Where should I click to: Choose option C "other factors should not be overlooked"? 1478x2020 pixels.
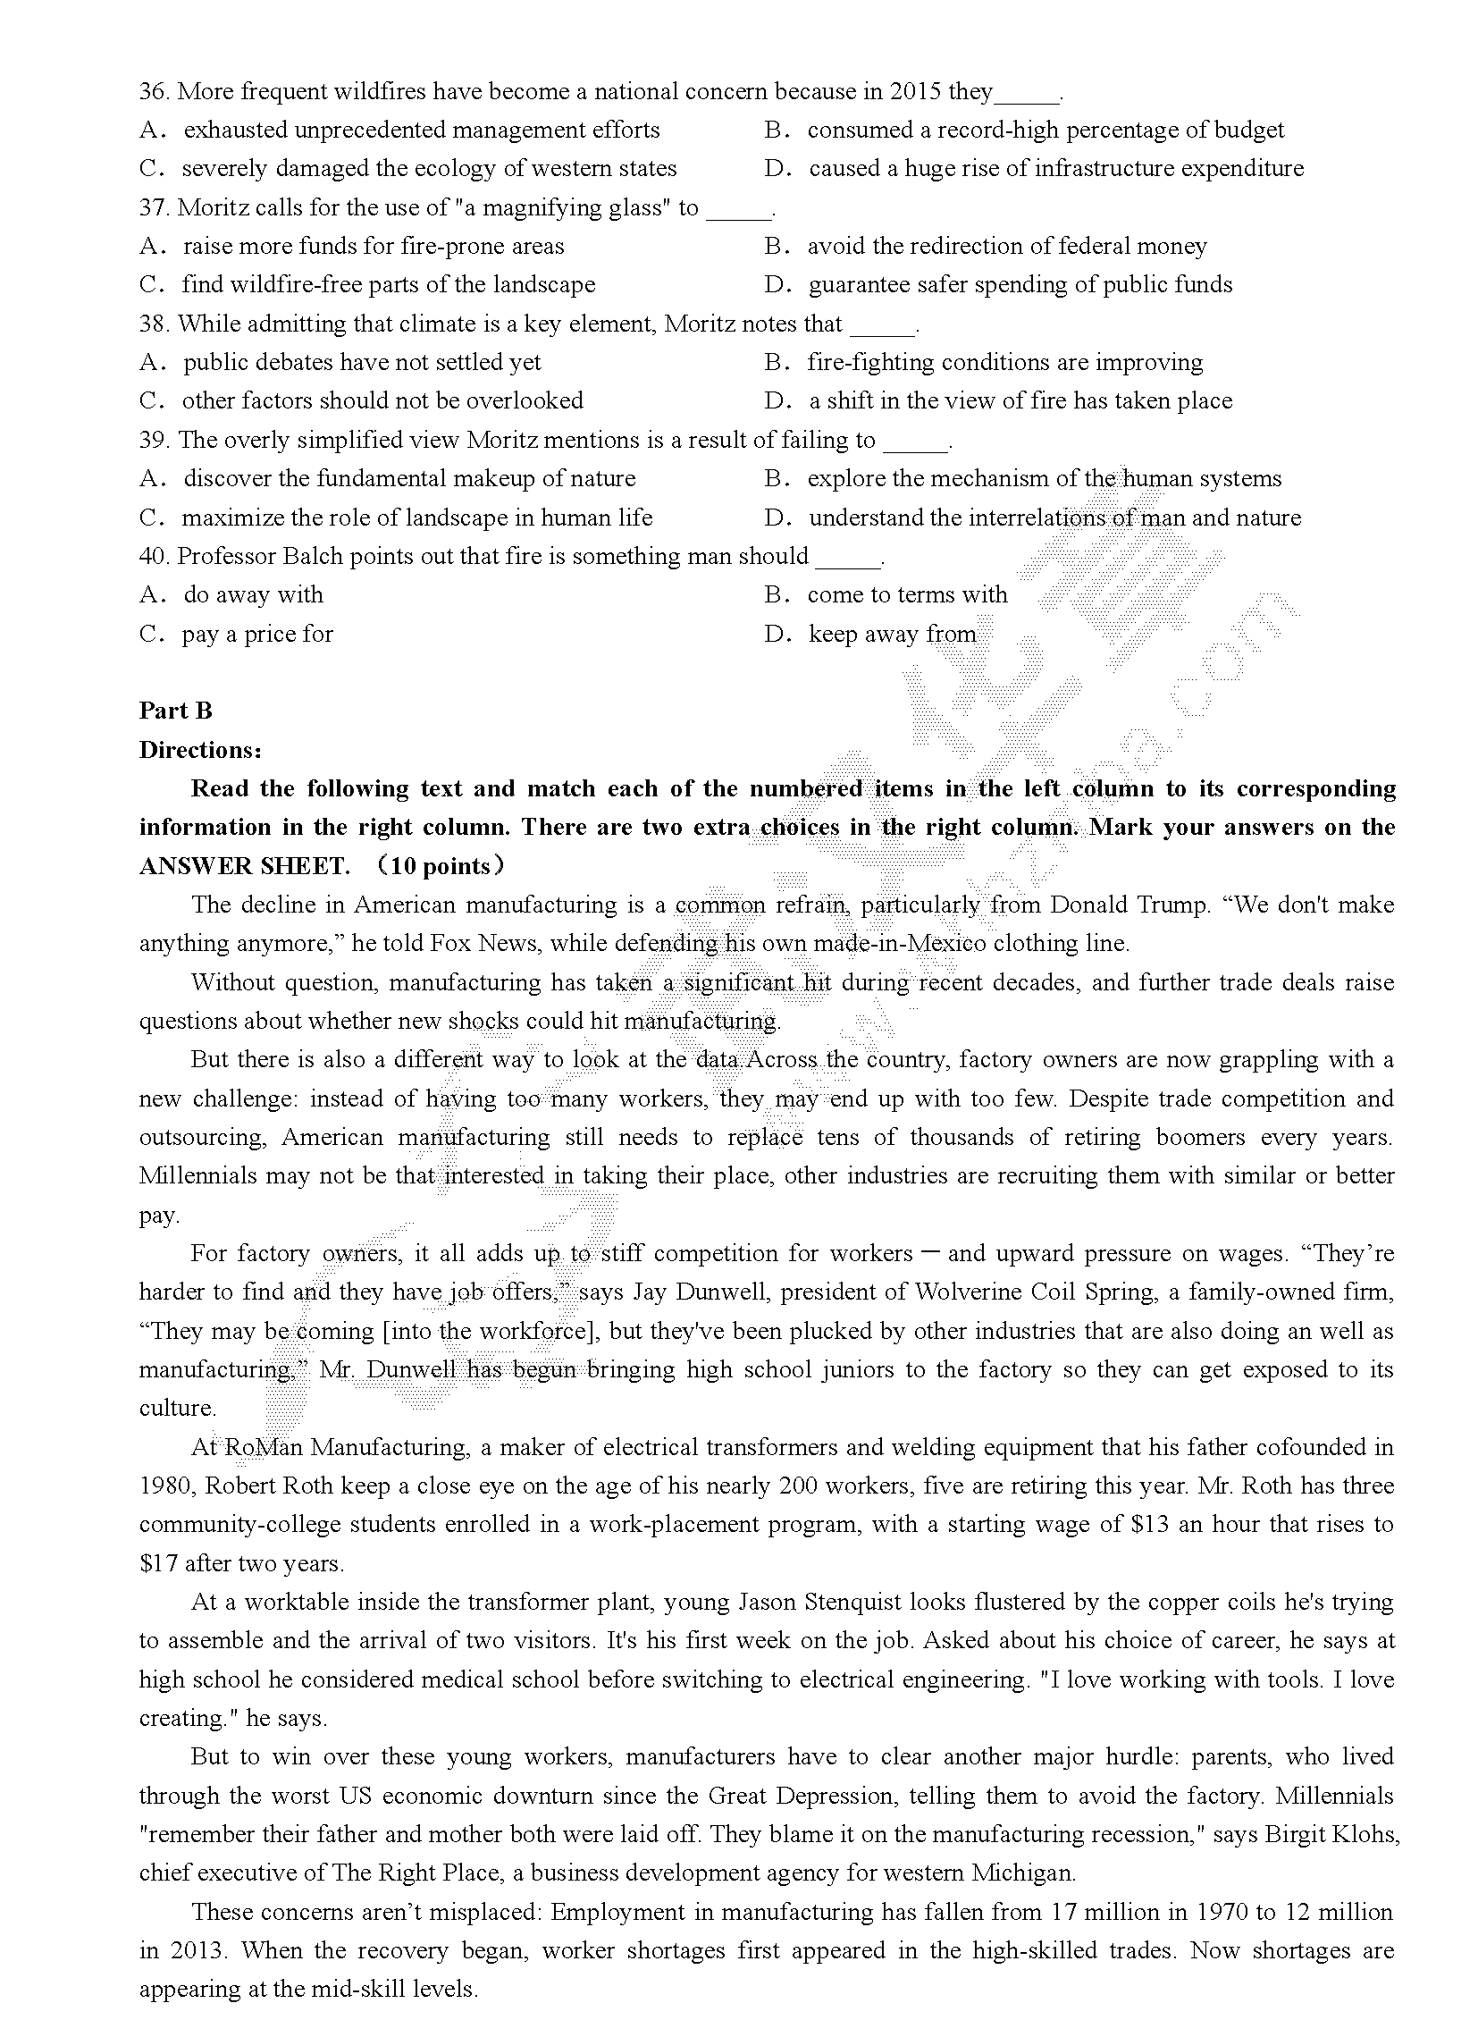[382, 401]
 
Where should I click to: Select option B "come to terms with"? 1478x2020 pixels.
[907, 595]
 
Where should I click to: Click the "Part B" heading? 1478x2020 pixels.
[176, 711]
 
